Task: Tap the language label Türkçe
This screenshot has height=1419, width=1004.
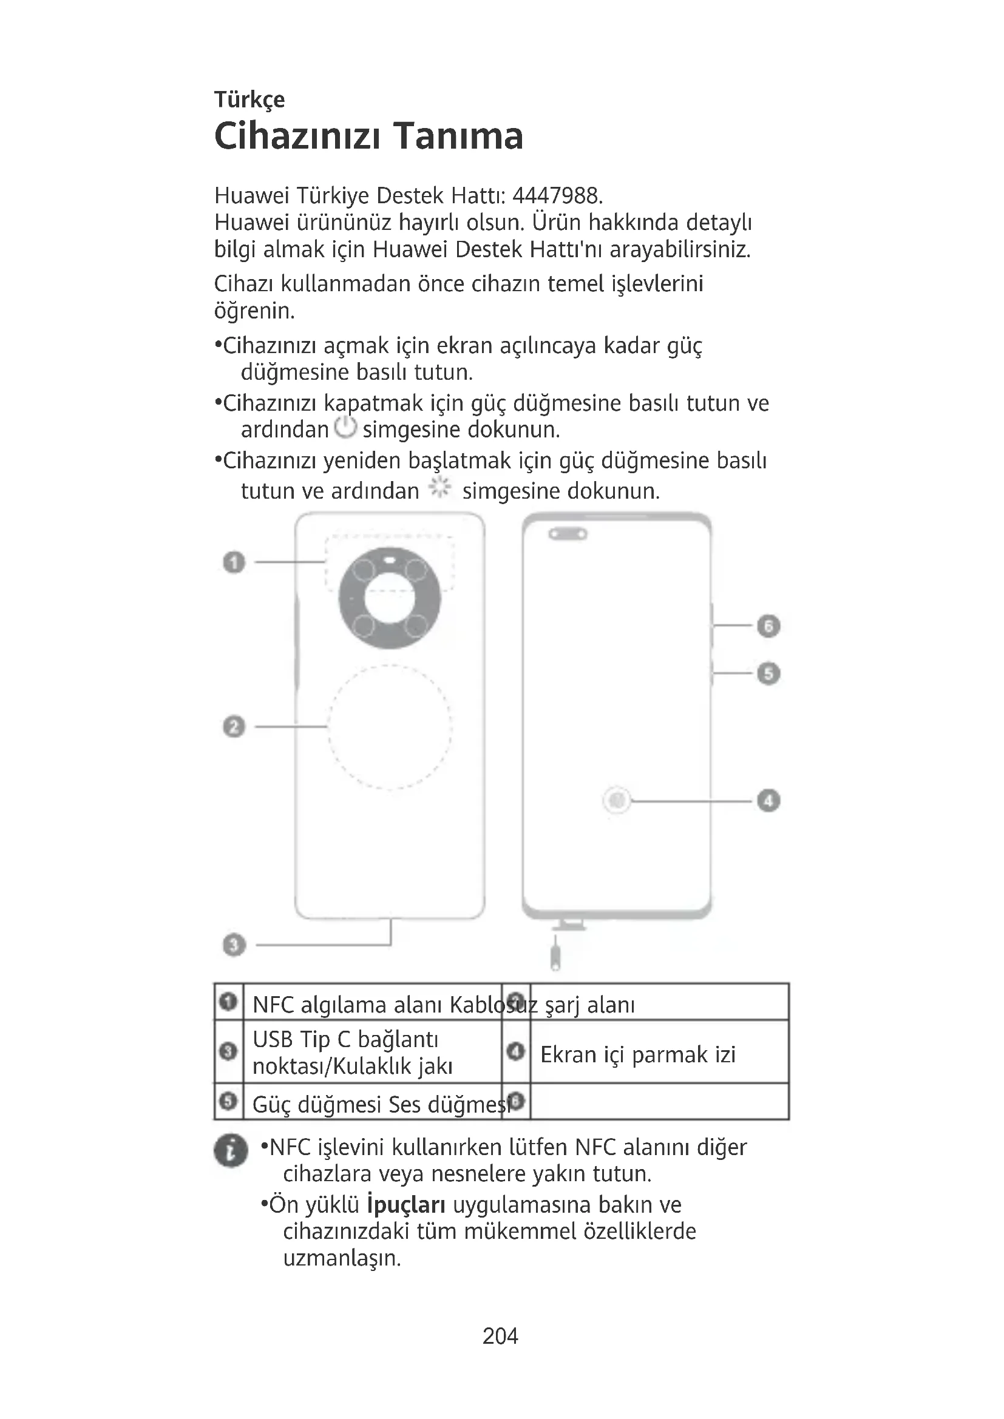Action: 249,99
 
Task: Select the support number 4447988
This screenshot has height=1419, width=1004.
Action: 557,196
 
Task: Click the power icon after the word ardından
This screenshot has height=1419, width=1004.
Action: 345,428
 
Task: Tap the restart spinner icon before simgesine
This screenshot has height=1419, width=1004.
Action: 440,488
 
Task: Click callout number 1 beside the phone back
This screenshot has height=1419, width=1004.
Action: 234,562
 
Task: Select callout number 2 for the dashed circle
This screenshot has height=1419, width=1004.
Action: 234,727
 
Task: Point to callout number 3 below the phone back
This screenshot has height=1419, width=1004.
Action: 234,945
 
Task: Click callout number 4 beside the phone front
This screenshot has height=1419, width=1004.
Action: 768,801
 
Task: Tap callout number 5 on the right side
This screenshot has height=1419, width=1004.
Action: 768,673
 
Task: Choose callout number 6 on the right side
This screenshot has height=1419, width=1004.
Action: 768,626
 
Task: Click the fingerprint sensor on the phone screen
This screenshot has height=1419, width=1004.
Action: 616,801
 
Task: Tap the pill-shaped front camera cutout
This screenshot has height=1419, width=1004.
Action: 568,534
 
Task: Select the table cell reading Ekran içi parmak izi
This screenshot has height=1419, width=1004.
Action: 637,1055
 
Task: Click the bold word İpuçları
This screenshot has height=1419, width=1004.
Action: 405,1205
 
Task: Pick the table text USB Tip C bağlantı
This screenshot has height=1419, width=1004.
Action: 345,1040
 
